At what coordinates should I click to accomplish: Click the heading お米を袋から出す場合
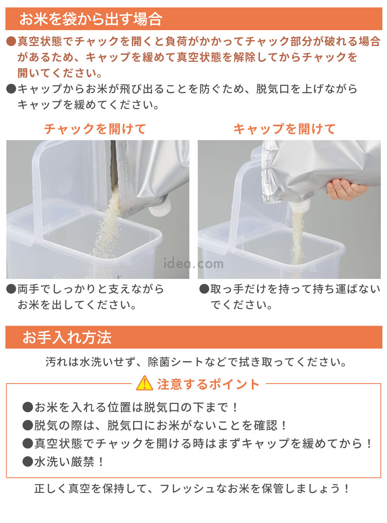coord(91,19)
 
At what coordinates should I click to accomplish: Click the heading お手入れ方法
coord(67,337)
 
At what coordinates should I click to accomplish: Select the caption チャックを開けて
coord(95,129)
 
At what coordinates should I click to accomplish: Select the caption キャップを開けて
coord(284,129)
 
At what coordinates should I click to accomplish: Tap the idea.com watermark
coord(193,263)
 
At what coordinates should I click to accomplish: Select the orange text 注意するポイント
coord(208,384)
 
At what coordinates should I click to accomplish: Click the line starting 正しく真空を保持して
coord(192,488)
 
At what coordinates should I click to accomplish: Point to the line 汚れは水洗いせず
coord(196,362)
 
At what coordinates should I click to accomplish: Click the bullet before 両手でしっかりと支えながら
coord(11,289)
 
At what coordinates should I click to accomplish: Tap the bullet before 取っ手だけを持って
coord(204,289)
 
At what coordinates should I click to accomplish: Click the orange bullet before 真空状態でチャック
coord(11,41)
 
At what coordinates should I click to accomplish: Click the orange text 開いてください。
coord(60,73)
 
